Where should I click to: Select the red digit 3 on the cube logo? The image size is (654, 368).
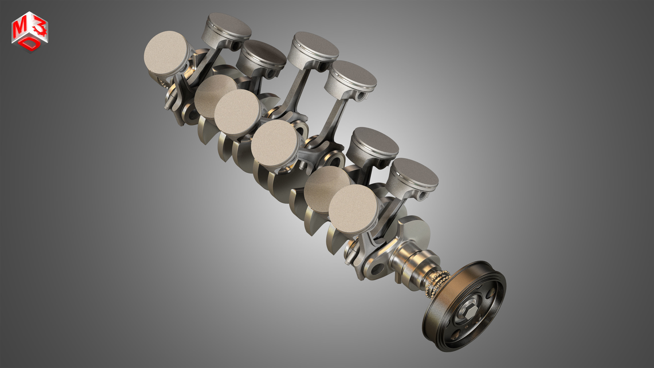click(40, 29)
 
